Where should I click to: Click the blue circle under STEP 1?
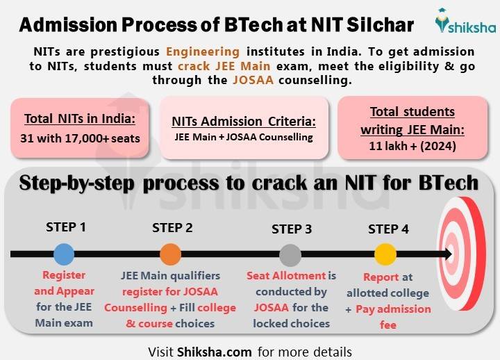pyautogui.click(x=63, y=254)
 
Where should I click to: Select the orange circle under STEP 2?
pyautogui.click(x=170, y=254)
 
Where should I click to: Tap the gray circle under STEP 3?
pyautogui.click(x=290, y=254)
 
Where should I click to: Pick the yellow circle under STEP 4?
pyautogui.click(x=385, y=254)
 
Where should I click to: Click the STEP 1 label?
pyautogui.click(x=66, y=227)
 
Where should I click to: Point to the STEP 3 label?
pyautogui.click(x=292, y=229)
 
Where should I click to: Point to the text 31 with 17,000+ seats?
pyautogui.click(x=80, y=138)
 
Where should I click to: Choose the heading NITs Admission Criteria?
pyautogui.click(x=243, y=121)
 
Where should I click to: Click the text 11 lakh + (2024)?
pyautogui.click(x=403, y=147)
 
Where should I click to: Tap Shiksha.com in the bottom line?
pyautogui.click(x=213, y=351)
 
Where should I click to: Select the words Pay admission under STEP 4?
pyautogui.click(x=393, y=309)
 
